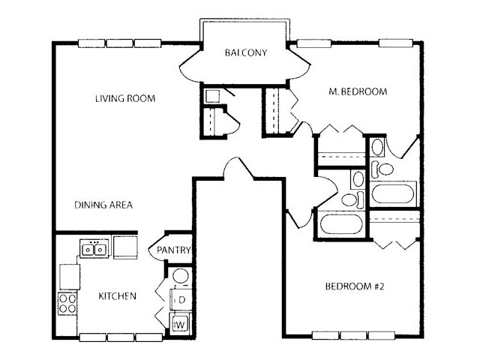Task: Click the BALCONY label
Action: tap(246, 52)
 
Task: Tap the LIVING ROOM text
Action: tap(125, 98)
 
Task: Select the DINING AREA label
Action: tap(103, 205)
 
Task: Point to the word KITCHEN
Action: tap(117, 296)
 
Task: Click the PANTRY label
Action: tap(173, 250)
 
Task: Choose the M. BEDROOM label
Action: tap(358, 91)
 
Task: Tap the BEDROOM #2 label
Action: tap(355, 286)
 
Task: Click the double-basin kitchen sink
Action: tap(94, 249)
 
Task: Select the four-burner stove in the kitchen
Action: tap(67, 303)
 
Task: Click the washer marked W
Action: tap(179, 325)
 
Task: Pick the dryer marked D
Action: tap(181, 300)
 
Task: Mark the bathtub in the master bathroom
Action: tap(393, 193)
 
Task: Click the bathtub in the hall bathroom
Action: tap(341, 224)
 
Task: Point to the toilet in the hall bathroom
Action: tap(352, 199)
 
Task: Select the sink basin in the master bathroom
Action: tap(377, 147)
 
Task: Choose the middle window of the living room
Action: tap(120, 43)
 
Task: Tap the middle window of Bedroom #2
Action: tap(353, 336)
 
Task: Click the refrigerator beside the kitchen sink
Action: tap(125, 247)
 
